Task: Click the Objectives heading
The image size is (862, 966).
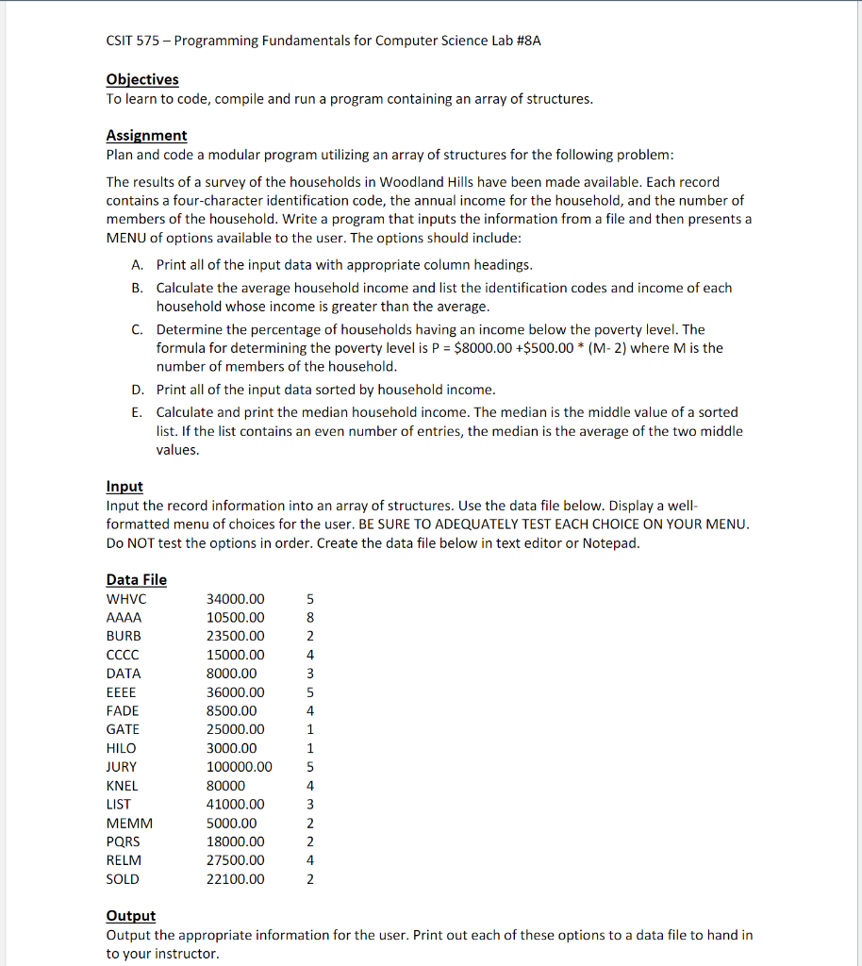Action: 142,79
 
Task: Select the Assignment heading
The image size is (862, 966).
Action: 146,135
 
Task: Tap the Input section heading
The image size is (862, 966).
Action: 124,486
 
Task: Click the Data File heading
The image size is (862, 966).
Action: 137,579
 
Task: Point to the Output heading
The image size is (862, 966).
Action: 131,915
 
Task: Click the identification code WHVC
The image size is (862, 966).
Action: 126,599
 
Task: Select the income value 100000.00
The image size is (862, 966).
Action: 239,767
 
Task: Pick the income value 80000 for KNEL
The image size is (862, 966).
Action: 225,786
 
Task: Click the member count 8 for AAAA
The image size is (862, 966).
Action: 310,618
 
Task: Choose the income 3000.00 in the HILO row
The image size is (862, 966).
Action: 231,748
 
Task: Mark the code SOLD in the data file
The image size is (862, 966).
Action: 123,879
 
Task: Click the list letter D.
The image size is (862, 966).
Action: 138,390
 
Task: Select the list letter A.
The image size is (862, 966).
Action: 138,265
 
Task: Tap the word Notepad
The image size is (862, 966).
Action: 611,542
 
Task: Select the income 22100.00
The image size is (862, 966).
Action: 236,879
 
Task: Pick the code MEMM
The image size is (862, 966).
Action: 129,823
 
